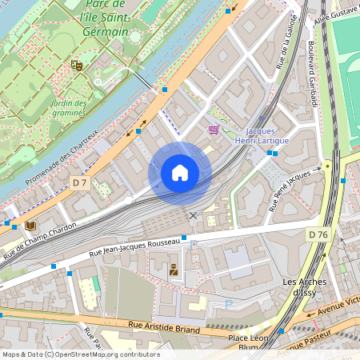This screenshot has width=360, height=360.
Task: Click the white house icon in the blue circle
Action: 180,173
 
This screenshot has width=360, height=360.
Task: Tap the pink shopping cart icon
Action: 214,129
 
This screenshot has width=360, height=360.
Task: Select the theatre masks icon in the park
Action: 77,65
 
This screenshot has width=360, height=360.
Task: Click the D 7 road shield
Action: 79,182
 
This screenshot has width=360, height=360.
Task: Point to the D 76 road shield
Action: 318,234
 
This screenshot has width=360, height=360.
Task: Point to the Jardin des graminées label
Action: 68,108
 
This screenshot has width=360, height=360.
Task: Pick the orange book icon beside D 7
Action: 30,226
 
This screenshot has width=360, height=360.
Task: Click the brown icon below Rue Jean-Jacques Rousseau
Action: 174,270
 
